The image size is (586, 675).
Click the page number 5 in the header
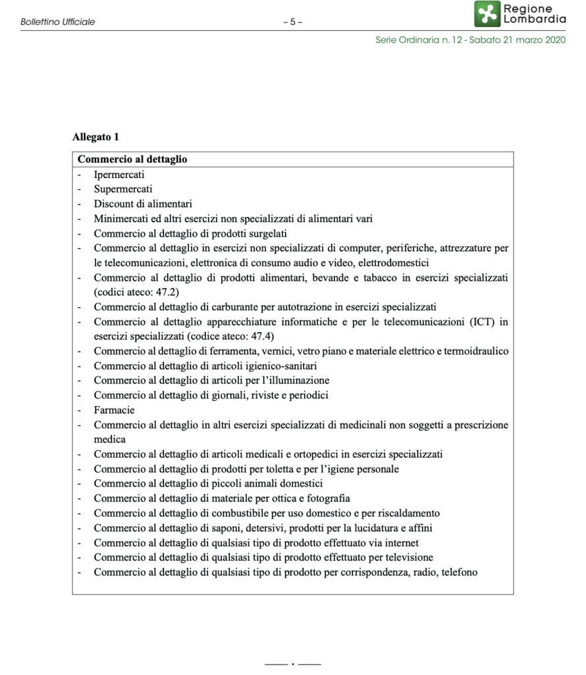click(x=292, y=22)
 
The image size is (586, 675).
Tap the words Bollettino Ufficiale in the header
click(x=58, y=22)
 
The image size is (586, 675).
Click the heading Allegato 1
click(x=95, y=138)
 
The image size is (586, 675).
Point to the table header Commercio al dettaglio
click(x=132, y=160)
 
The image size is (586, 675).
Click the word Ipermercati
click(x=119, y=175)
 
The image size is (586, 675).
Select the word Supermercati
click(x=123, y=189)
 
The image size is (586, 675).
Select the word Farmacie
click(x=114, y=410)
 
